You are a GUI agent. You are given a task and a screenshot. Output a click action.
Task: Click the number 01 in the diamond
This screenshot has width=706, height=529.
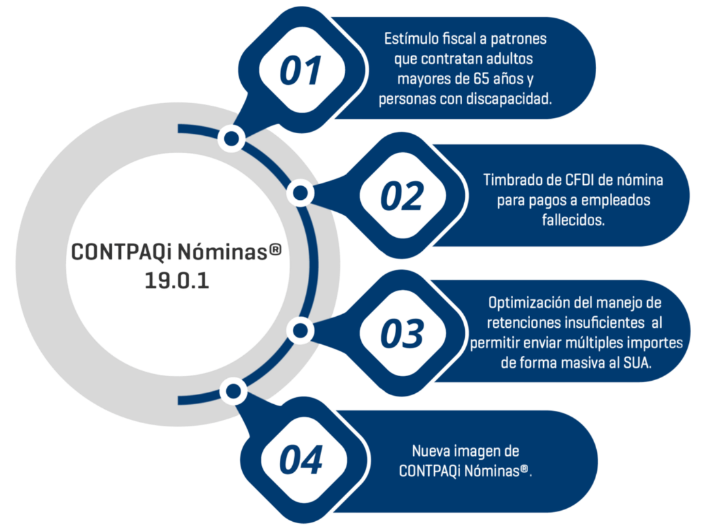(301, 71)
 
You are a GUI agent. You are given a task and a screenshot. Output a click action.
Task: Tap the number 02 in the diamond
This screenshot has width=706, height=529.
(401, 197)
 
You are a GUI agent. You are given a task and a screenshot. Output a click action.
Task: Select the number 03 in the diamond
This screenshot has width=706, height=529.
(401, 334)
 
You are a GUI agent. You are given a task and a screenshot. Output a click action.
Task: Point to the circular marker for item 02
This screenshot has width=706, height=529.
(300, 193)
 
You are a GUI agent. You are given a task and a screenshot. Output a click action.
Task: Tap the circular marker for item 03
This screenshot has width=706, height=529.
(300, 330)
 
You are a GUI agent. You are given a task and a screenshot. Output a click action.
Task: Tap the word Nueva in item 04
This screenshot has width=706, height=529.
(429, 451)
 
